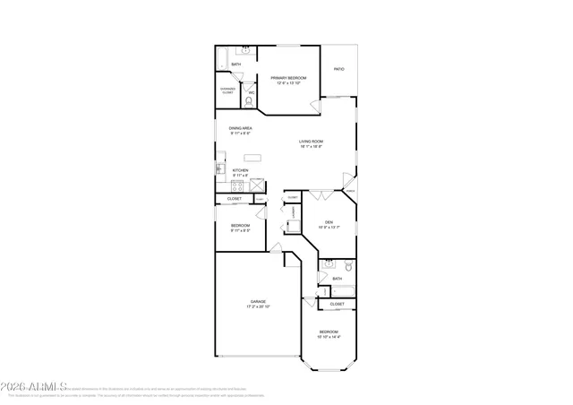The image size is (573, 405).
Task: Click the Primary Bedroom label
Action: (288, 78)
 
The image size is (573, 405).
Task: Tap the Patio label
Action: (339, 68)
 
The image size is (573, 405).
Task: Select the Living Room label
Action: (311, 141)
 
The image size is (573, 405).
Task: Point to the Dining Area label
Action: (240, 128)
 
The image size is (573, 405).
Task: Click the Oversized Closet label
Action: (227, 90)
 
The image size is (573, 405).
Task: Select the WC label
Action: (252, 92)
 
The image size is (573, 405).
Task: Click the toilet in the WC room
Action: (251, 101)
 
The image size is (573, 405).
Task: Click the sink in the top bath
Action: (245, 50)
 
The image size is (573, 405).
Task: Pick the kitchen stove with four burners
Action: (237, 186)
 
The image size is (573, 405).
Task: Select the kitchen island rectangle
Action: (254, 157)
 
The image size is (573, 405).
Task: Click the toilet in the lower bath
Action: (349, 267)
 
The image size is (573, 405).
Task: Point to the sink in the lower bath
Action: (329, 264)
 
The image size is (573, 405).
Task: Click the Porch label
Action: (350, 191)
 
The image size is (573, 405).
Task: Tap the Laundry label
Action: (293, 212)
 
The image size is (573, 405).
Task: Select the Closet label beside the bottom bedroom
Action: (337, 304)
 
